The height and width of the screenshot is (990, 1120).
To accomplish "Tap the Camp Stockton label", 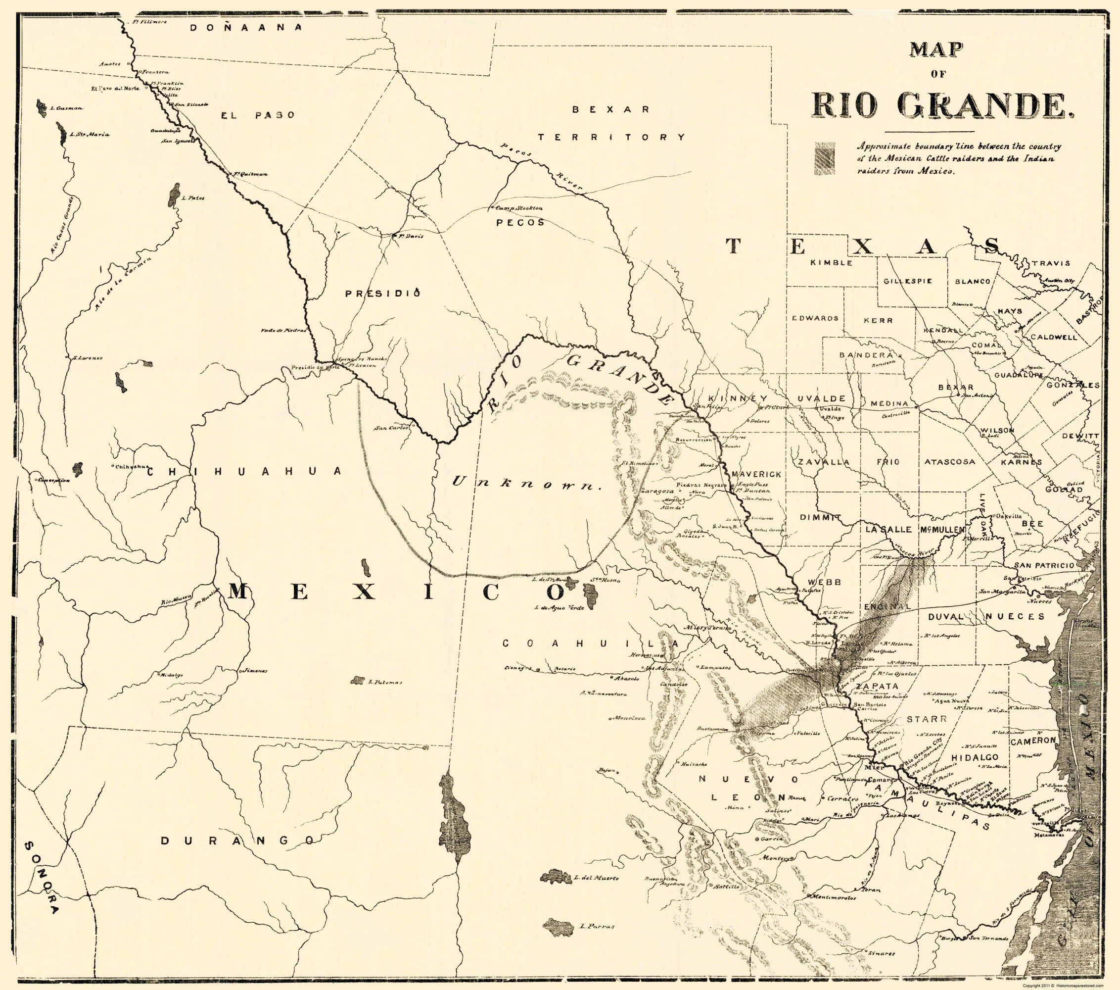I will [518, 208].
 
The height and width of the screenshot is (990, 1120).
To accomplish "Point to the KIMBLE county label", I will [832, 262].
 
